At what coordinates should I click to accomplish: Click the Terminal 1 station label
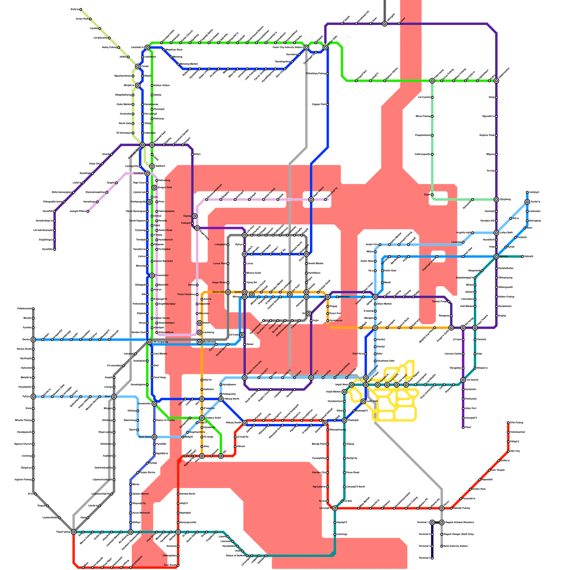pyautogui.click(x=423, y=523)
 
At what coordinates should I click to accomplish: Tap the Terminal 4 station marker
pyautogui.click(x=432, y=558)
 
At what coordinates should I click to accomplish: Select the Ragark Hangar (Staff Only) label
pyautogui.click(x=458, y=534)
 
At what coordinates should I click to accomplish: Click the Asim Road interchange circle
pyautogui.click(x=154, y=437)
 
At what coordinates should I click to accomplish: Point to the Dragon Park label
pyautogui.click(x=165, y=187)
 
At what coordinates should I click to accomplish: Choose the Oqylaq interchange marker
pyautogui.click(x=195, y=216)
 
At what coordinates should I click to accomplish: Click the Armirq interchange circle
pyautogui.click(x=496, y=256)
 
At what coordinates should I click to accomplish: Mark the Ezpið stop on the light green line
pyautogui.click(x=432, y=195)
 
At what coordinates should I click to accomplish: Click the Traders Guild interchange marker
pyautogui.click(x=202, y=418)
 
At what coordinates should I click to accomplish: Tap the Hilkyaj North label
pyautogui.click(x=231, y=399)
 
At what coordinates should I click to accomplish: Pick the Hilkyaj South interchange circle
pyautogui.click(x=244, y=423)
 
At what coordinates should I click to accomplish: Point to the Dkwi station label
pyautogui.click(x=107, y=397)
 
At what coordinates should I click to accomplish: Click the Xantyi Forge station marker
pyautogui.click(x=449, y=302)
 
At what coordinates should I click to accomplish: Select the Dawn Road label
pyautogui.click(x=165, y=230)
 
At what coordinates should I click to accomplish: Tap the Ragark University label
pyautogui.click(x=254, y=369)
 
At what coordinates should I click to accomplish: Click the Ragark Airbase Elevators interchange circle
pyautogui.click(x=442, y=523)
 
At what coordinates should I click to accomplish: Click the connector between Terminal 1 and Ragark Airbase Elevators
pyautogui.click(x=437, y=523)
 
